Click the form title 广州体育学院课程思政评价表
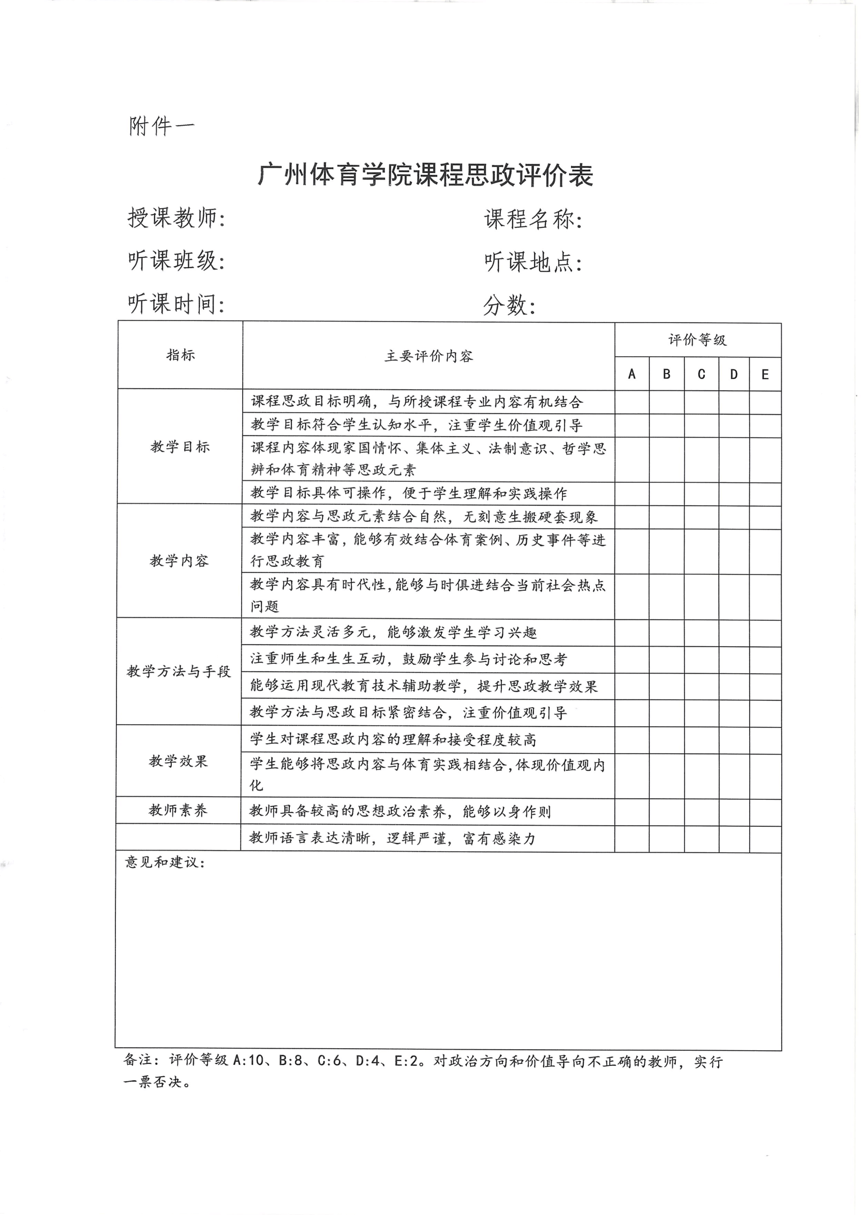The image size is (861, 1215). pyautogui.click(x=425, y=175)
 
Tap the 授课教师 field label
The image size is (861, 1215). pyautogui.click(x=176, y=218)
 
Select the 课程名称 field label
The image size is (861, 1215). pyautogui.click(x=533, y=219)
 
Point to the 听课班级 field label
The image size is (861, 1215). pyautogui.click(x=176, y=261)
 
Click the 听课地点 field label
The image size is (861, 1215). pyautogui.click(x=533, y=262)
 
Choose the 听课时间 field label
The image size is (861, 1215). pyautogui.click(x=176, y=304)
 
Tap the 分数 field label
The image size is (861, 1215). pyautogui.click(x=509, y=305)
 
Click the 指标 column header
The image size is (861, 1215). pyautogui.click(x=181, y=355)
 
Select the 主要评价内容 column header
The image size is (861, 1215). pyautogui.click(x=428, y=356)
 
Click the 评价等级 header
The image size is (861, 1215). pyautogui.click(x=697, y=340)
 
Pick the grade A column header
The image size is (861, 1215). pyautogui.click(x=632, y=374)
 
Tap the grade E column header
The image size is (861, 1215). pyautogui.click(x=765, y=374)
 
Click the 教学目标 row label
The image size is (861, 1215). pyautogui.click(x=180, y=447)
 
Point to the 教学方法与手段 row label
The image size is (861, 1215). pyautogui.click(x=179, y=671)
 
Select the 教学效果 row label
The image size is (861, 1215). pyautogui.click(x=178, y=761)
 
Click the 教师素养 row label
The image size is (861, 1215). pyautogui.click(x=178, y=810)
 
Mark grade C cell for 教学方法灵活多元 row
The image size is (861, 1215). pyautogui.click(x=702, y=633)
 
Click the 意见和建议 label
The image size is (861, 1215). pyautogui.click(x=165, y=862)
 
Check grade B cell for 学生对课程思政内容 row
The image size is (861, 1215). pyautogui.click(x=666, y=740)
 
